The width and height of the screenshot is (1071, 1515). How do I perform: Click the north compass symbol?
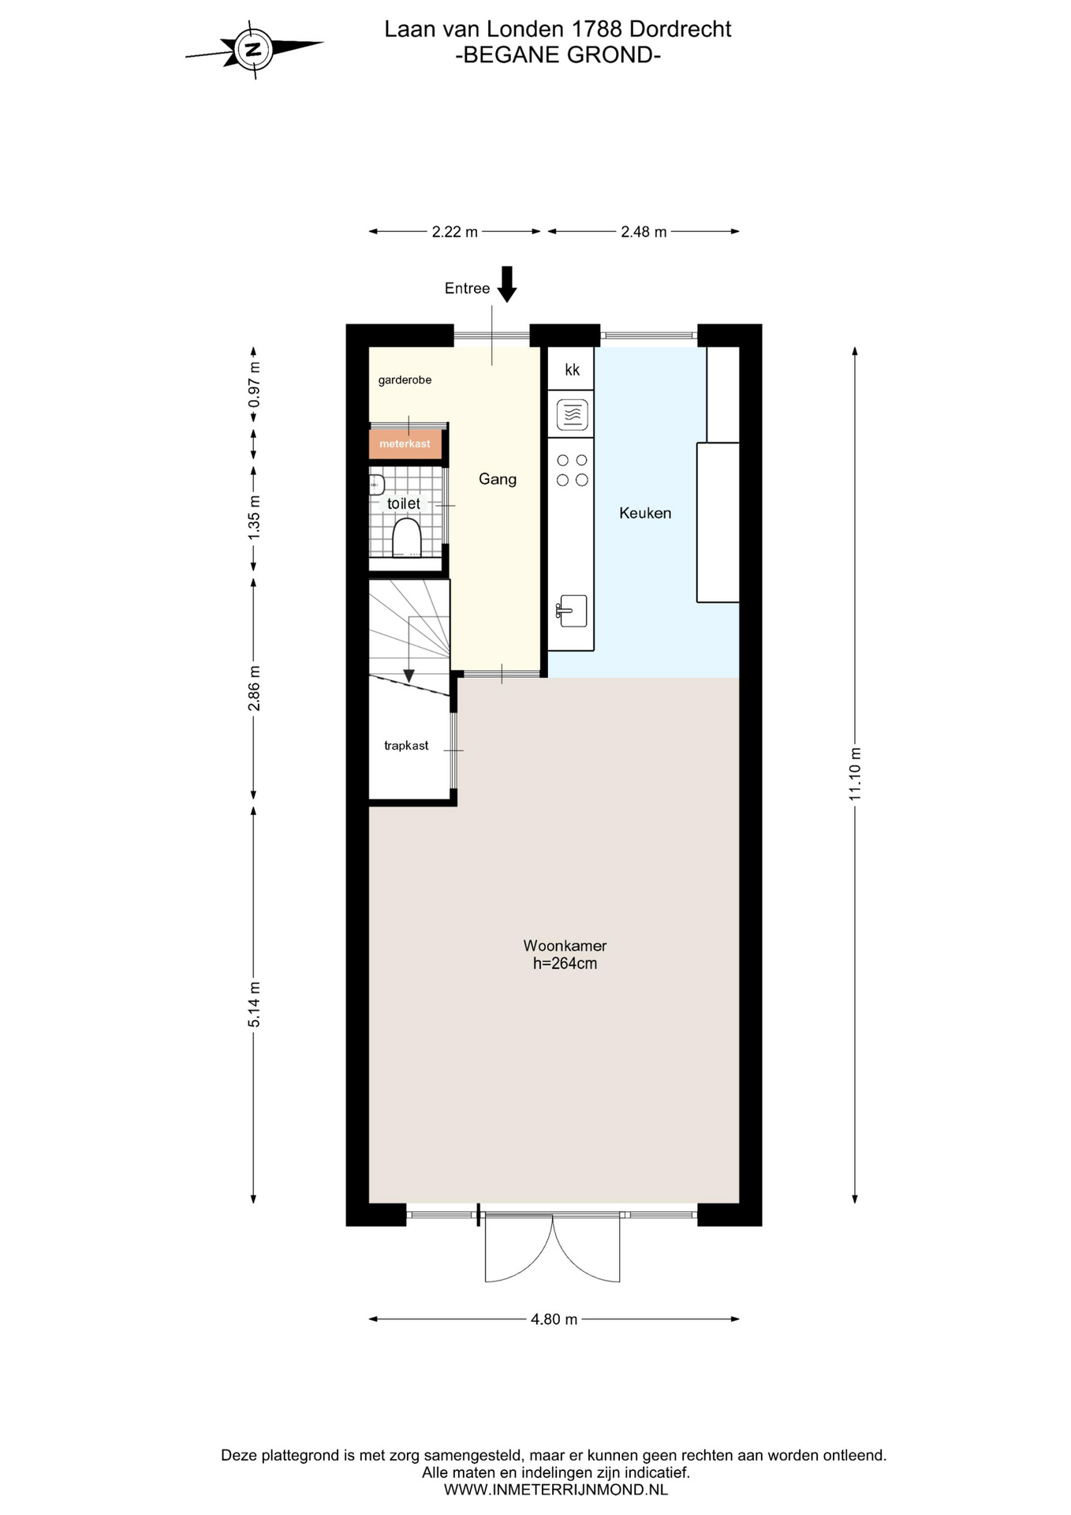coord(254,50)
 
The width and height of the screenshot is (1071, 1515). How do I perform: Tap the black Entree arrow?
coord(507,284)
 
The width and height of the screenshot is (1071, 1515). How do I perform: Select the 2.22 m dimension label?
coord(454,232)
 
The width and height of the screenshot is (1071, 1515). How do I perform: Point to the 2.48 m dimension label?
coord(644,232)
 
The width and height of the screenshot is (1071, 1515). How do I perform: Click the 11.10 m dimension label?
coord(855,773)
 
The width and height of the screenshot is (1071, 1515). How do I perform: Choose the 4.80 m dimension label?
coord(554,1319)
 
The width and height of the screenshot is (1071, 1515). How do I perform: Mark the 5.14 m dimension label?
coord(254,1004)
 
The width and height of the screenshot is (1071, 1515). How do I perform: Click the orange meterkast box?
coord(405,443)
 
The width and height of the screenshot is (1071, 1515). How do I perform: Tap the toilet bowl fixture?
coord(407,537)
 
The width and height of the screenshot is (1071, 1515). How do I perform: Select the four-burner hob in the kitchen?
coord(572,470)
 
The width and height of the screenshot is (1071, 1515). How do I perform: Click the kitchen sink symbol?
coord(572,611)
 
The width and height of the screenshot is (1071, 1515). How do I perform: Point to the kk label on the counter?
coord(573,369)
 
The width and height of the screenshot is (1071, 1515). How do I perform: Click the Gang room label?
coord(498,479)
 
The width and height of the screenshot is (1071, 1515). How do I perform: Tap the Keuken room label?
coord(645,513)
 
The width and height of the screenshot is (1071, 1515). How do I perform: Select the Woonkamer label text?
coord(565,945)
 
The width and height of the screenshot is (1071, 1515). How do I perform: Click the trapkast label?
coord(406,746)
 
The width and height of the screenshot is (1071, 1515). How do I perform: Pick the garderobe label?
coord(405,380)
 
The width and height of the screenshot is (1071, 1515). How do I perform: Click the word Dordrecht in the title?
coord(680,29)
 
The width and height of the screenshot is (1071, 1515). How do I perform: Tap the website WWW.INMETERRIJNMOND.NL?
coord(556,1490)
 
